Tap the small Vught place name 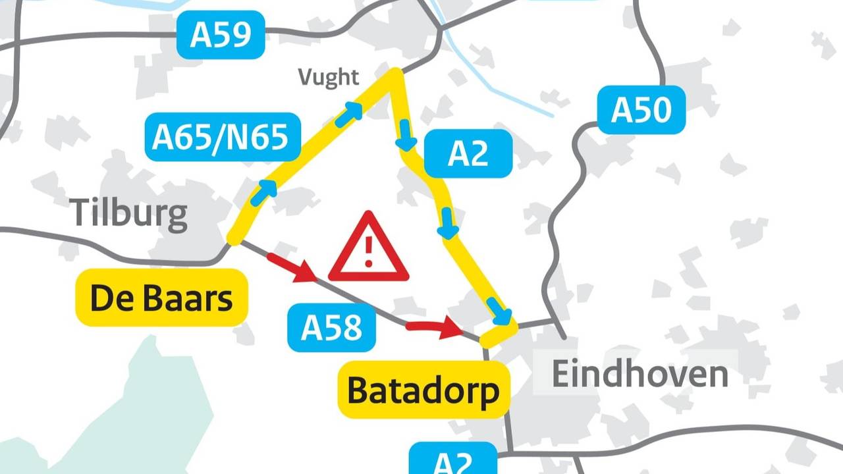tap(329, 78)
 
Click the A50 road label tap(641, 110)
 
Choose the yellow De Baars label tap(161, 298)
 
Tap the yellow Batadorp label tap(423, 391)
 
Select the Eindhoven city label tap(639, 374)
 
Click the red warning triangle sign tap(368, 249)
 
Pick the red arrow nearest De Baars tap(292, 267)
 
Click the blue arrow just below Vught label tap(349, 115)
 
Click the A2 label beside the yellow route tap(468, 153)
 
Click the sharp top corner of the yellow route tap(394, 72)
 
